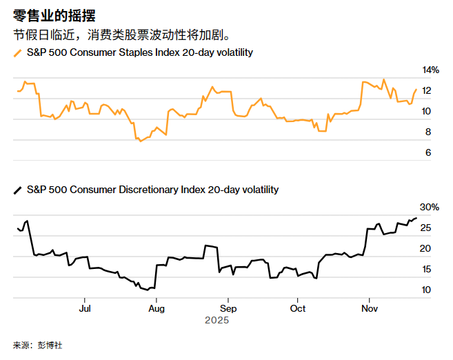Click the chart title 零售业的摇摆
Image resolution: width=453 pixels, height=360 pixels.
(x=54, y=14)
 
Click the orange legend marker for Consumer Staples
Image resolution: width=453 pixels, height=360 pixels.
(x=17, y=52)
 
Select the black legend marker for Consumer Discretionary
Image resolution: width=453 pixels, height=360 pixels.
(x=17, y=189)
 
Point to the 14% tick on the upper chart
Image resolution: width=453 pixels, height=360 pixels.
(x=430, y=70)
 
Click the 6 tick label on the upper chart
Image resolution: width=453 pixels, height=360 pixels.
(x=427, y=152)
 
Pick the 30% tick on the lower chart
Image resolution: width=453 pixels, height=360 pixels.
(x=430, y=207)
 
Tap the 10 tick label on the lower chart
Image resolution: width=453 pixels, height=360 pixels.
(x=426, y=290)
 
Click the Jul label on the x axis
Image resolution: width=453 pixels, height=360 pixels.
(x=85, y=309)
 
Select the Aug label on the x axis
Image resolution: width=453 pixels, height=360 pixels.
(x=157, y=309)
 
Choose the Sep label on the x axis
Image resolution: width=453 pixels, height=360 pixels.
(x=228, y=309)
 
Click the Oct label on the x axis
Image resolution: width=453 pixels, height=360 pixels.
(x=298, y=309)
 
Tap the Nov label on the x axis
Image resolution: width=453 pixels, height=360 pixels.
(x=369, y=309)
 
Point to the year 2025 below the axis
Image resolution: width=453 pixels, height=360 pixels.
(x=216, y=321)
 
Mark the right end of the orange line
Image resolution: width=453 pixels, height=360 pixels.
(x=415, y=90)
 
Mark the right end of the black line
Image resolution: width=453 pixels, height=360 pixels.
(x=416, y=218)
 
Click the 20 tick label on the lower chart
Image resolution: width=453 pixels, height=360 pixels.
(x=426, y=248)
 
